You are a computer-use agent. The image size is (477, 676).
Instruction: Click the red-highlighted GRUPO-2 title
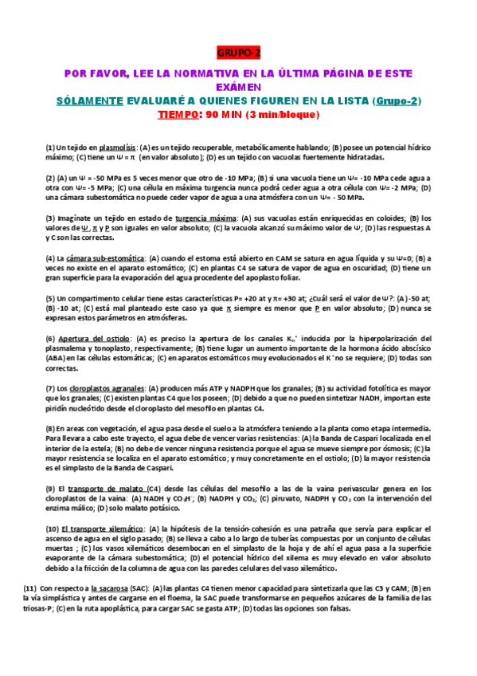[238, 53]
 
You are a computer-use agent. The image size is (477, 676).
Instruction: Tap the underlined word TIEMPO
[180, 114]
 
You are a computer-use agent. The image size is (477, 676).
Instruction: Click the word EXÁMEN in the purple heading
[238, 87]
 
